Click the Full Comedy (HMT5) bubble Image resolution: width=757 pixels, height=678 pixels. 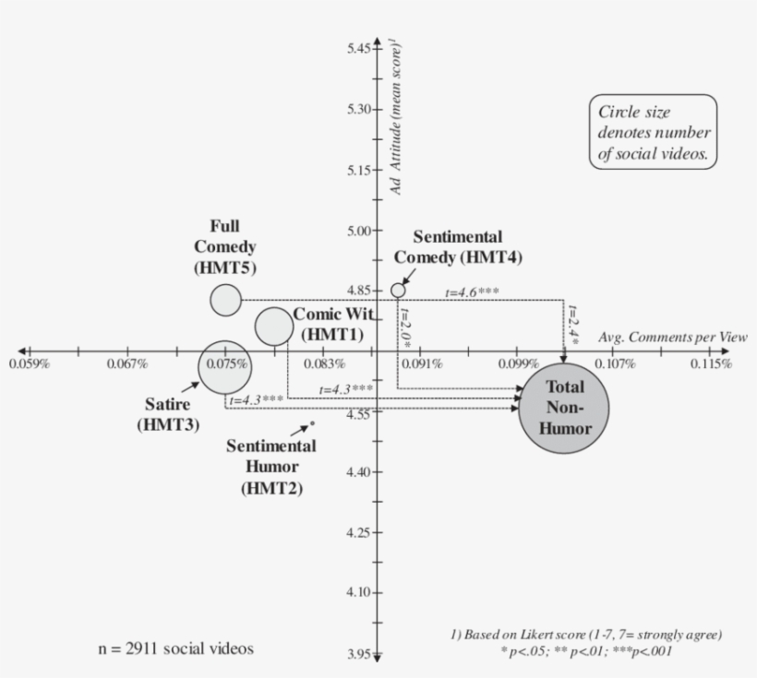tap(225, 299)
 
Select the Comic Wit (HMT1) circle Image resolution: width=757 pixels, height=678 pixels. tap(274, 326)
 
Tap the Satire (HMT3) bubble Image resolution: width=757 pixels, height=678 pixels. tap(224, 366)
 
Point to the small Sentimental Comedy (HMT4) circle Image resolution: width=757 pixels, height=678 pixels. tap(398, 290)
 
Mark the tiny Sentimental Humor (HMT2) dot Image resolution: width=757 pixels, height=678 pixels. tap(313, 424)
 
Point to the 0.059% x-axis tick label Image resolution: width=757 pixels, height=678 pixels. tap(27, 364)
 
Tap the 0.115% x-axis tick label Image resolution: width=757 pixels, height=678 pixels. tap(713, 364)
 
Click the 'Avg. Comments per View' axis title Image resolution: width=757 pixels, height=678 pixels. tap(673, 338)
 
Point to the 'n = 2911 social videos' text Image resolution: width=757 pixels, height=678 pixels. tap(175, 648)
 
